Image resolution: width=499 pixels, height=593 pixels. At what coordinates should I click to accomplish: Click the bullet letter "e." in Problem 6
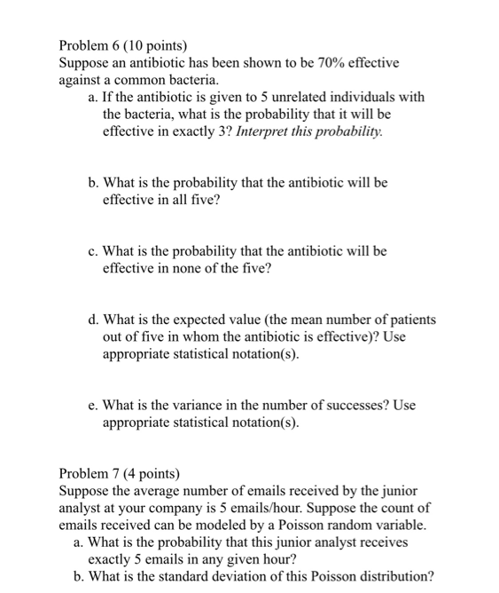tap(93, 405)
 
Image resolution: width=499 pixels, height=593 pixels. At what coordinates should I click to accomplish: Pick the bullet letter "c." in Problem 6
tap(93, 251)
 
